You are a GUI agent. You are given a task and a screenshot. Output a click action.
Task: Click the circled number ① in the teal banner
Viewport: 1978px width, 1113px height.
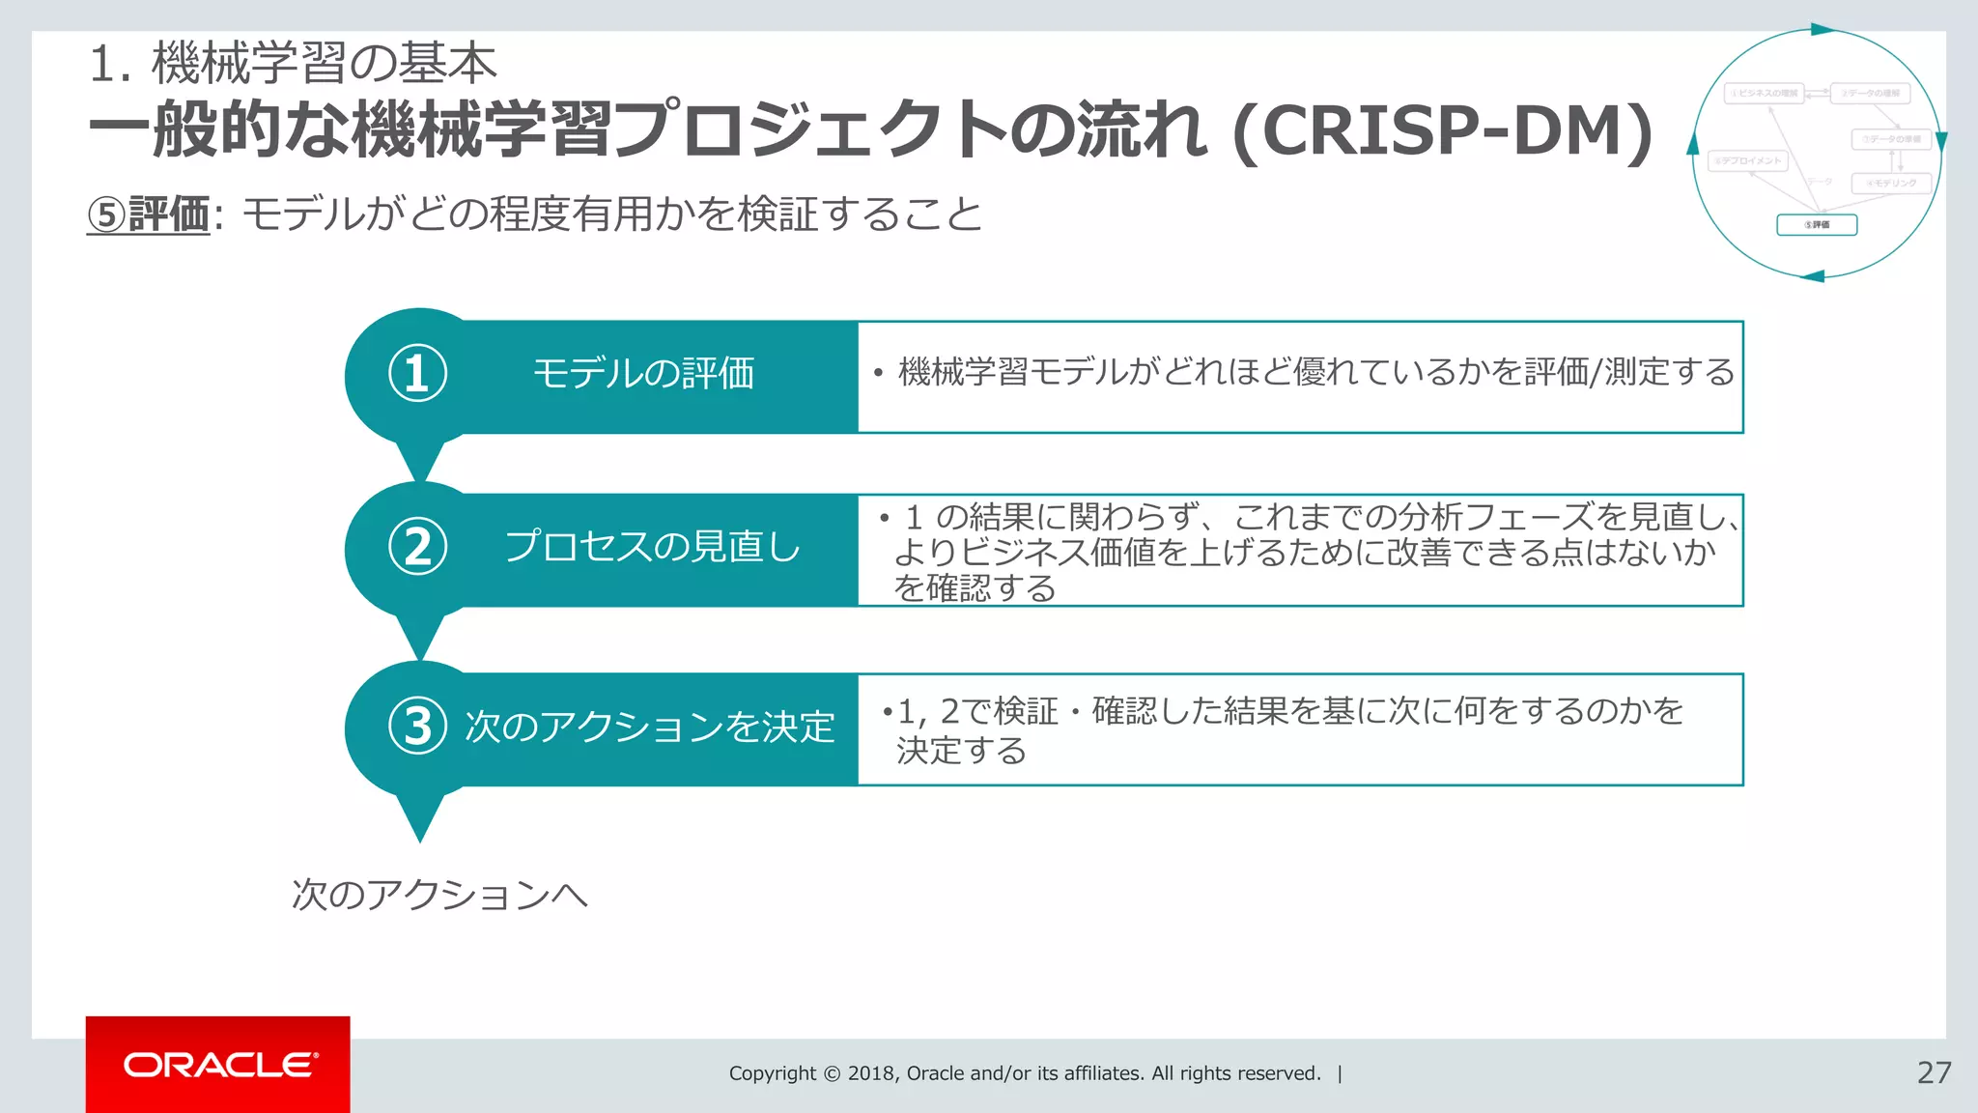coord(417,374)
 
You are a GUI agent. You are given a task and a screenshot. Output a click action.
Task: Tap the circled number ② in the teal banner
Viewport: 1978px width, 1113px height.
coord(417,547)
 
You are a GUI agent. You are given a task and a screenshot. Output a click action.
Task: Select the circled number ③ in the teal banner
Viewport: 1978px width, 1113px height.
coord(417,727)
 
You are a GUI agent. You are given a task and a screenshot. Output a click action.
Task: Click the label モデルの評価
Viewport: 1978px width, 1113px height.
coord(643,374)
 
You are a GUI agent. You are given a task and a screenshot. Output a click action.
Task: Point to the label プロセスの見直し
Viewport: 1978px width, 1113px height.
coord(653,547)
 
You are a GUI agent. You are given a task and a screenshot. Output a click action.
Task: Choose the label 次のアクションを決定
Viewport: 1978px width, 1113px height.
coord(650,727)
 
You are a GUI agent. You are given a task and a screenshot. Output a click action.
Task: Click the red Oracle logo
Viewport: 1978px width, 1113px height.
coord(218,1065)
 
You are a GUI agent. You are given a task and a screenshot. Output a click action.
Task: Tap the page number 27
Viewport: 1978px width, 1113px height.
coord(1934,1072)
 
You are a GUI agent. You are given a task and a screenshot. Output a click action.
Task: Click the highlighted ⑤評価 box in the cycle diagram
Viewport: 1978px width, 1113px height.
coord(1817,225)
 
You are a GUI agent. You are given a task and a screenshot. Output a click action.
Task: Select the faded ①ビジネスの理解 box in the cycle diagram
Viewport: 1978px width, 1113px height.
coord(1764,94)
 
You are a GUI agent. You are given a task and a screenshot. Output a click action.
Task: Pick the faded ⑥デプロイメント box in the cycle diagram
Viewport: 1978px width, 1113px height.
coord(1748,161)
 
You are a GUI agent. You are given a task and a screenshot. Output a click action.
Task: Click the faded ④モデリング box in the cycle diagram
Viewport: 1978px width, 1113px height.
coord(1891,183)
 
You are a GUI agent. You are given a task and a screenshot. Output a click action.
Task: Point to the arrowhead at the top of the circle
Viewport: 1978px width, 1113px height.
coord(1822,30)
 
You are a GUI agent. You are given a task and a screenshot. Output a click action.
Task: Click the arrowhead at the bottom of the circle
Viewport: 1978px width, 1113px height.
coord(1813,277)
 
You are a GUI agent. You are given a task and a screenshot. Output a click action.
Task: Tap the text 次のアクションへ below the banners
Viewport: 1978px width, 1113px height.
coord(439,895)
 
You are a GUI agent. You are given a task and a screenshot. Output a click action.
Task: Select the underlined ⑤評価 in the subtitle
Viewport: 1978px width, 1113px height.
coord(149,214)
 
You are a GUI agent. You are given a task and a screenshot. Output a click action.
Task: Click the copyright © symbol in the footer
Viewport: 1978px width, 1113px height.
coord(832,1073)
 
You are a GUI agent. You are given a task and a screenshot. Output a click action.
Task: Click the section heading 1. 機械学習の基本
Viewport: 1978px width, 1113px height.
coord(293,64)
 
